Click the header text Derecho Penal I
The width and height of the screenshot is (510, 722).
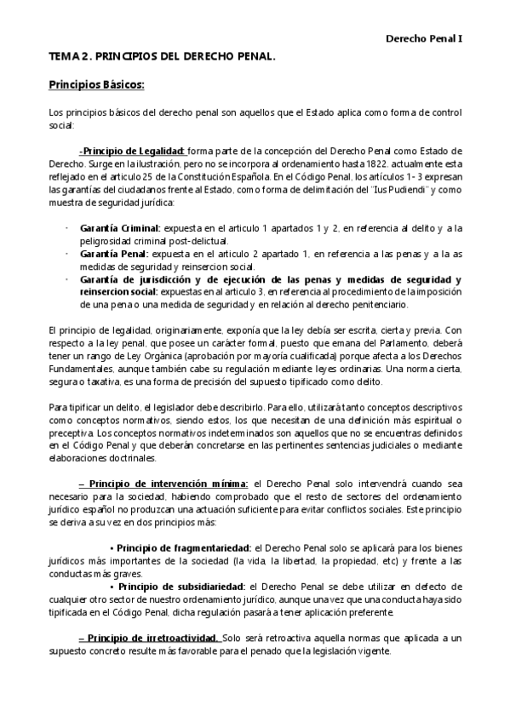(x=424, y=38)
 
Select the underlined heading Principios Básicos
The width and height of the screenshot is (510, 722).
(x=96, y=85)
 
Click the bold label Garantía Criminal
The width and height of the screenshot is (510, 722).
(x=120, y=228)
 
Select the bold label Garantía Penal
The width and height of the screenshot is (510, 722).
(x=114, y=253)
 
